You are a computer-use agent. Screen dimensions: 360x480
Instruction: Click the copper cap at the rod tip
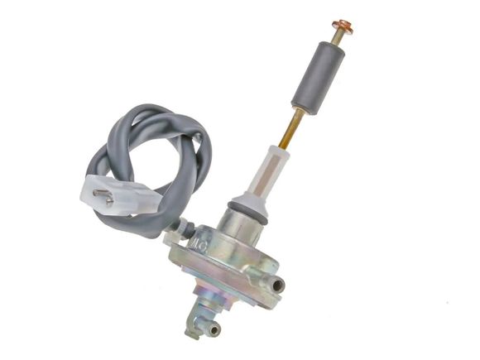342,26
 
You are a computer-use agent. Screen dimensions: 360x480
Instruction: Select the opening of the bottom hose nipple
215,329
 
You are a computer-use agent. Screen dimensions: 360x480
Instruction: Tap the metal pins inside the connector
103,197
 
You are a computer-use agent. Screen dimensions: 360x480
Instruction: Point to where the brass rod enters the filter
281,149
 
